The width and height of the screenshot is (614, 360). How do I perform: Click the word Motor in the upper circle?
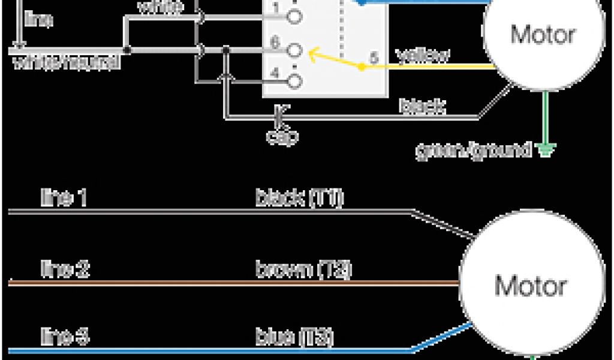[543, 34]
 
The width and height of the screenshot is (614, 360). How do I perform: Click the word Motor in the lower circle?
[530, 286]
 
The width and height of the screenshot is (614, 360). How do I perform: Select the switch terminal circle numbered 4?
[294, 80]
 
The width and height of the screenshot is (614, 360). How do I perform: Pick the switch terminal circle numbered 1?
[294, 17]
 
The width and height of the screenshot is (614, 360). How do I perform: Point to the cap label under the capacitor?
[282, 136]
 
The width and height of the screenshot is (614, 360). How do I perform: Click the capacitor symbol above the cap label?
[280, 113]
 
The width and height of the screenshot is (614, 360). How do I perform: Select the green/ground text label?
[474, 149]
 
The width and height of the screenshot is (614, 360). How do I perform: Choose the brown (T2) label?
[303, 269]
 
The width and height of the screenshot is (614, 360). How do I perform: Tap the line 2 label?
[65, 269]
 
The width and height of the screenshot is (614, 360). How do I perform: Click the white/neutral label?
[65, 62]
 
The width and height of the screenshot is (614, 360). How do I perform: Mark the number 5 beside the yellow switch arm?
[374, 58]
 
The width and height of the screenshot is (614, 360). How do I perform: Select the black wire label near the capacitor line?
[423, 107]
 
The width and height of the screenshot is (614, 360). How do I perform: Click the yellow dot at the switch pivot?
[361, 67]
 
